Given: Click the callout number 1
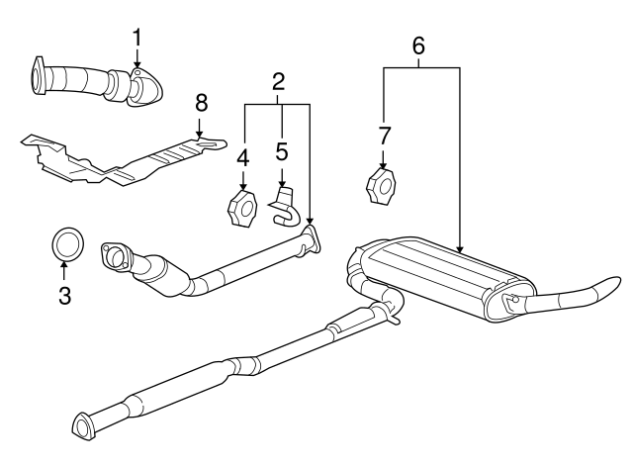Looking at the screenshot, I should [x=137, y=37].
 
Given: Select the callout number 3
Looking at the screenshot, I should [x=64, y=295].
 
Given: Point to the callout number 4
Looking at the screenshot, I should [x=242, y=156].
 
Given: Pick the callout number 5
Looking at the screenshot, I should [x=281, y=154].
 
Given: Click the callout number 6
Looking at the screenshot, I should [x=418, y=45].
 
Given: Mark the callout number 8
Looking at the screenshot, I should [x=201, y=101].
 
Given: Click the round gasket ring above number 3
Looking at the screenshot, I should [x=66, y=241].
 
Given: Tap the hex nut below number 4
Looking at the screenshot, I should [x=243, y=210].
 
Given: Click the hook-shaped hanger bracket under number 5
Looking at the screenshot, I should [x=285, y=207].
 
